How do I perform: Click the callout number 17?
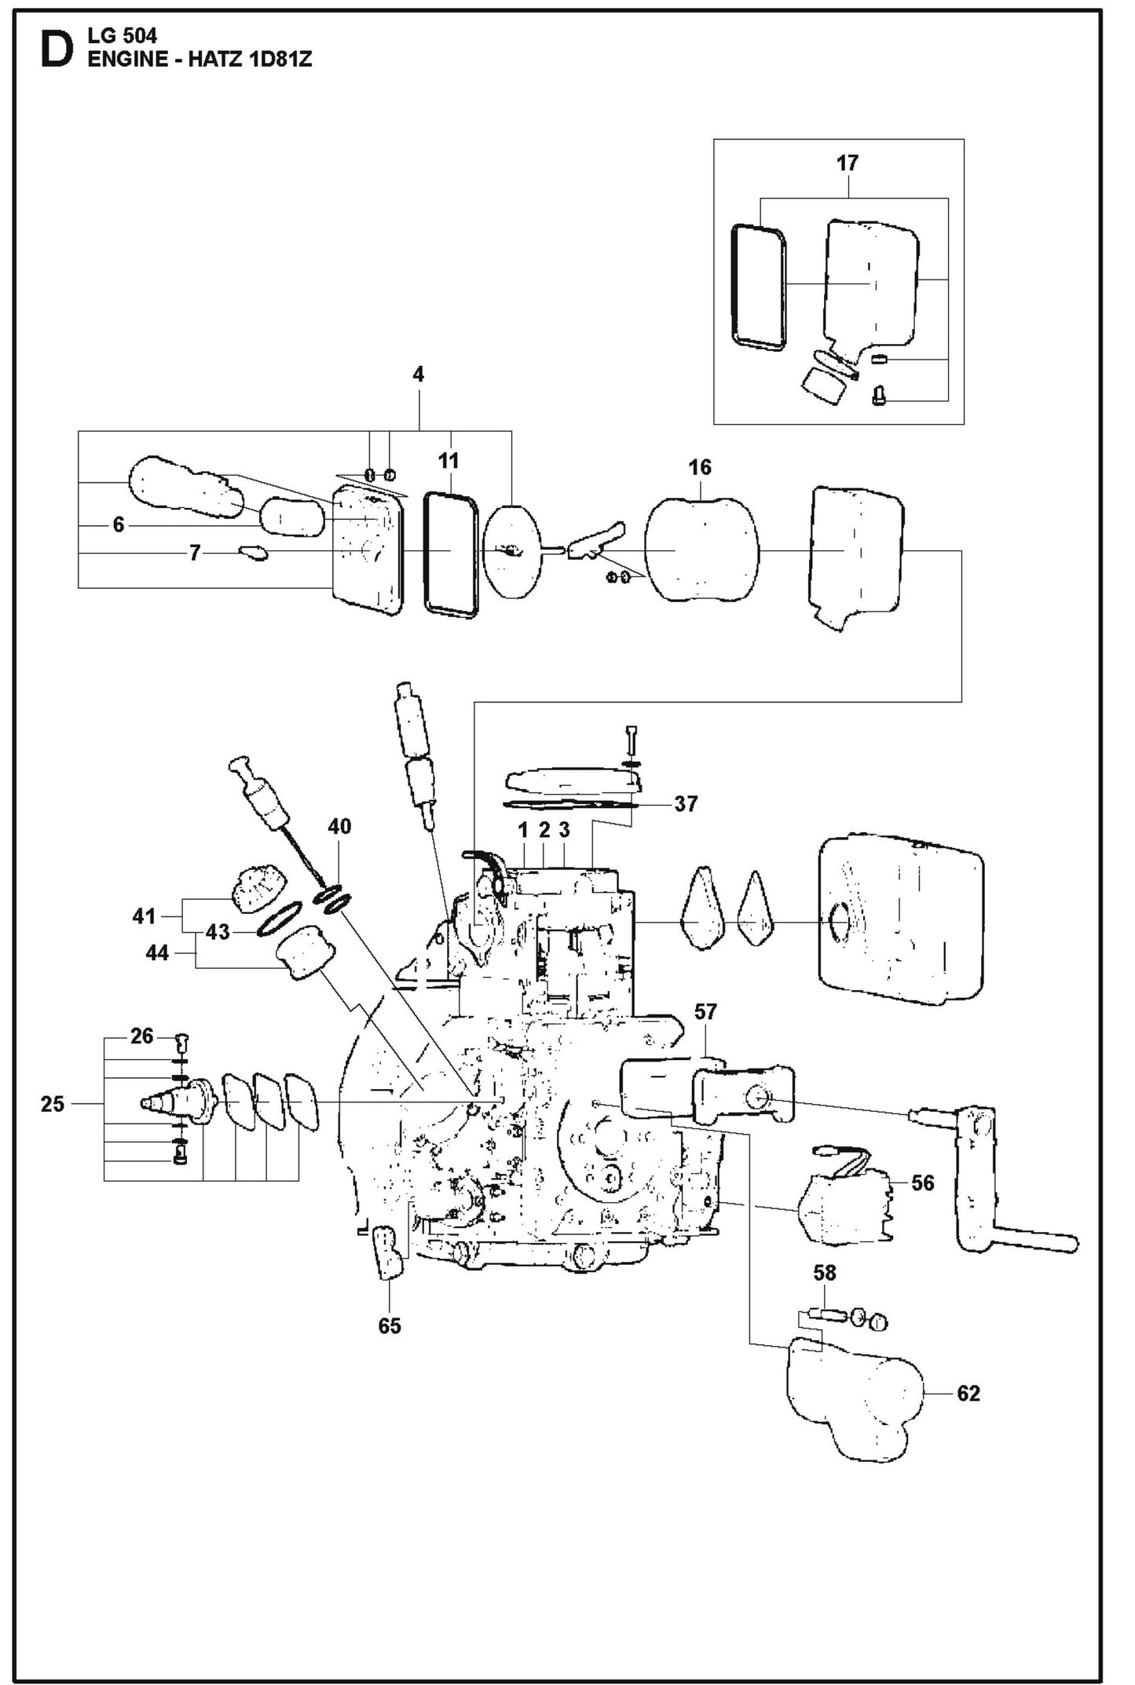point(847,163)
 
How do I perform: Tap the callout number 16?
point(699,467)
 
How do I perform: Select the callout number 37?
point(686,804)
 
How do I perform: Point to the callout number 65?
point(389,1326)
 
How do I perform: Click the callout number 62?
point(968,1394)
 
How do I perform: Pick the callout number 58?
point(825,1273)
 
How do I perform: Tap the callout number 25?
point(52,1104)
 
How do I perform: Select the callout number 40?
point(339,826)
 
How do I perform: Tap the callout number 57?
point(705,1012)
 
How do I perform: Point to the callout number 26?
point(141,1036)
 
